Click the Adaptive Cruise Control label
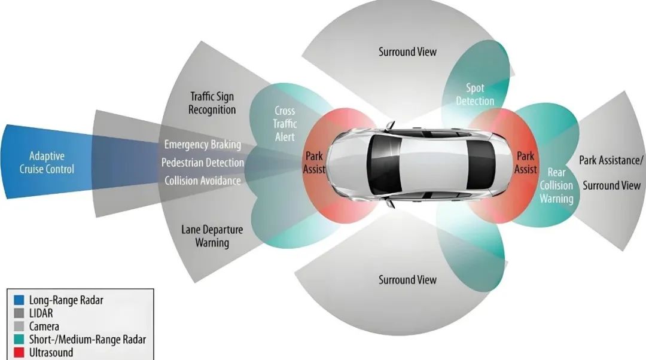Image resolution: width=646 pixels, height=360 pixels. (x=47, y=163)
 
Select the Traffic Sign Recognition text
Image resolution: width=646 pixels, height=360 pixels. (x=212, y=103)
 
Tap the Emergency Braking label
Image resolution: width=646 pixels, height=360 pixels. (x=203, y=145)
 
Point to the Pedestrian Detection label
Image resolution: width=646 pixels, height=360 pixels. (x=203, y=163)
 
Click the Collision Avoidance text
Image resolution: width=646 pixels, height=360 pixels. (x=203, y=181)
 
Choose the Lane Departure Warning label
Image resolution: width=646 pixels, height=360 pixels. (x=212, y=236)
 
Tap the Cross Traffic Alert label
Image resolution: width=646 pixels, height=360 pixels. (x=285, y=123)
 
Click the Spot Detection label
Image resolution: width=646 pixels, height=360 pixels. (x=475, y=95)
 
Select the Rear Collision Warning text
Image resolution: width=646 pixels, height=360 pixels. (x=556, y=185)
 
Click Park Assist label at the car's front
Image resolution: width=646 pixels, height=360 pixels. (x=314, y=163)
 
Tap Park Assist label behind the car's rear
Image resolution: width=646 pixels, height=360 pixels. (x=526, y=163)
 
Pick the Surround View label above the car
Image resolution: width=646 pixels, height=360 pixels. (x=407, y=52)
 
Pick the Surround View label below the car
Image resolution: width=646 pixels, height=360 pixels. (x=407, y=280)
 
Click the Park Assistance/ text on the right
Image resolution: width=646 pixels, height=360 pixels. (x=611, y=160)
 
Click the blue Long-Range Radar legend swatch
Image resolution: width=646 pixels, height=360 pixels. (x=18, y=300)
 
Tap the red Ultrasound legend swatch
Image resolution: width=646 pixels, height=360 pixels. (x=18, y=353)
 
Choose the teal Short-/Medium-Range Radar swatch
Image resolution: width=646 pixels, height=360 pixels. (x=18, y=340)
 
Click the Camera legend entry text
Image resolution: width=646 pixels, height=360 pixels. (x=44, y=327)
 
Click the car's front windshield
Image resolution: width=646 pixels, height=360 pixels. (x=383, y=163)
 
